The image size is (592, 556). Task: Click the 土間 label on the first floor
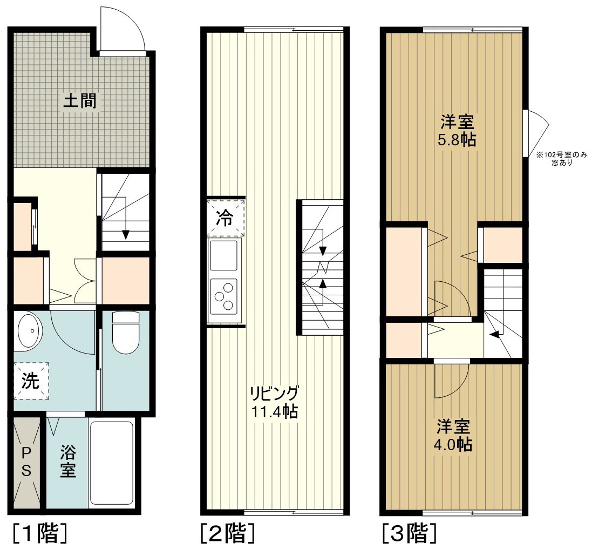(80, 101)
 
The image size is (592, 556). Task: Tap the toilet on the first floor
(126, 334)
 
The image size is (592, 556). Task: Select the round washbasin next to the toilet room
(30, 330)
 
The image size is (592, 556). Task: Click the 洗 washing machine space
(31, 381)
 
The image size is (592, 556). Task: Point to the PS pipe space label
(26, 462)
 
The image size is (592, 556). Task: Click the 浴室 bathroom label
(67, 462)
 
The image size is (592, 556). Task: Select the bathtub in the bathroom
(112, 463)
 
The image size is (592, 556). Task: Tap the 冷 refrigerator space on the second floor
(225, 218)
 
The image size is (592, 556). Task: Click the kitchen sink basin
(224, 256)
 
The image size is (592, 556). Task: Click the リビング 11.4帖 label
(274, 402)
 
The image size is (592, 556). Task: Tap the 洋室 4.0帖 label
(453, 436)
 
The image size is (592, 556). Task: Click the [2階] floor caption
(227, 534)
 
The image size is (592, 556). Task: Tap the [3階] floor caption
(409, 534)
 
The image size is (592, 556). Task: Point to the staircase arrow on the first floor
(125, 233)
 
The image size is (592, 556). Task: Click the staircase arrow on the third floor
(493, 335)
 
